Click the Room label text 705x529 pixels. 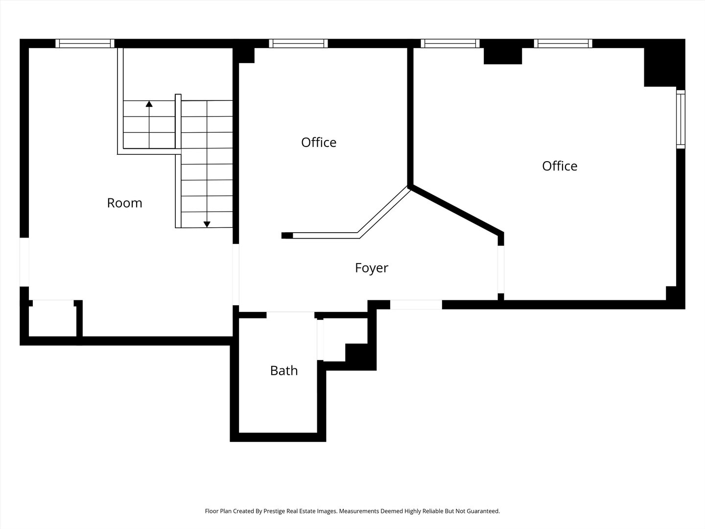pyautogui.click(x=124, y=203)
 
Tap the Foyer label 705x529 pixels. pyautogui.click(x=371, y=268)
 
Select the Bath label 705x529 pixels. pyautogui.click(x=284, y=370)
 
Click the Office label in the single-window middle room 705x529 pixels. pyautogui.click(x=319, y=143)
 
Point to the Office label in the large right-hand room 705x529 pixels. pyautogui.click(x=560, y=166)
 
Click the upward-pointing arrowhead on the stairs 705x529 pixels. pyautogui.click(x=149, y=104)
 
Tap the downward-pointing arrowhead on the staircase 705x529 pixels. pyautogui.click(x=207, y=224)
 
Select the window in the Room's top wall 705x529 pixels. pyautogui.click(x=85, y=44)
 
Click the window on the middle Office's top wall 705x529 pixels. pyautogui.click(x=298, y=44)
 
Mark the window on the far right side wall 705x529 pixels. pyautogui.click(x=681, y=119)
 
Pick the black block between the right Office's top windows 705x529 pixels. pyautogui.click(x=503, y=56)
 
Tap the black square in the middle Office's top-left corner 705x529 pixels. pyautogui.click(x=246, y=55)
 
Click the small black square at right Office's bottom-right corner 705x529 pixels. pyautogui.click(x=671, y=293)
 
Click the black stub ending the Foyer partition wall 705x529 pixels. pyautogui.click(x=287, y=236)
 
